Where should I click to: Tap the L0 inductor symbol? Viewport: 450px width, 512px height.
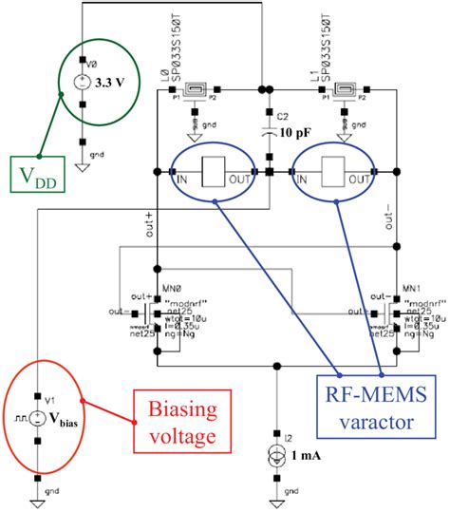tap(196, 92)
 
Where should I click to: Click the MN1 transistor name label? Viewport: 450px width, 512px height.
tap(411, 286)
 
